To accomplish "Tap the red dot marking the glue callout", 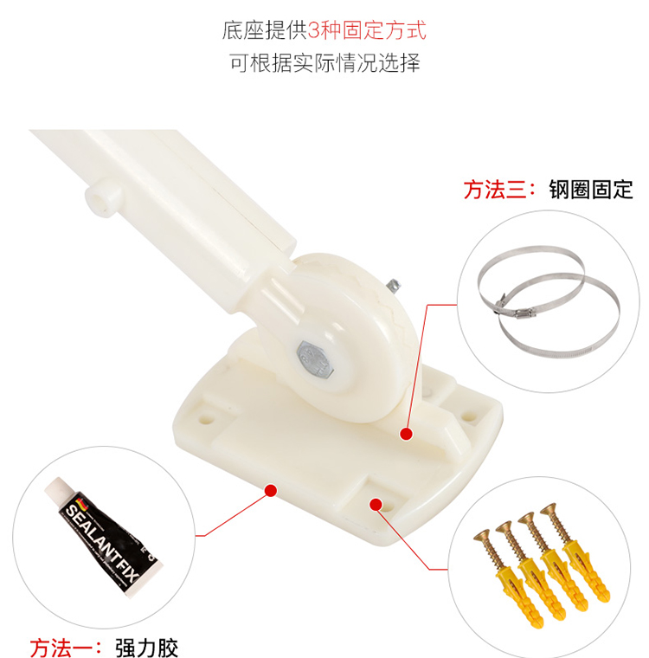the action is click(x=271, y=490).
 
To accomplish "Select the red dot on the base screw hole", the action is click(x=376, y=505).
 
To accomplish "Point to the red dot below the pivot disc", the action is click(x=406, y=434).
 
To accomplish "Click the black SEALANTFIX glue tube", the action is click(x=103, y=537).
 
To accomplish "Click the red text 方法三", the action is click(x=495, y=190).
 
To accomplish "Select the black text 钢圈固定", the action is click(x=591, y=190).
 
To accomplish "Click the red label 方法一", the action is click(x=61, y=648).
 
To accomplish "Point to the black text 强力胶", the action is click(x=146, y=648).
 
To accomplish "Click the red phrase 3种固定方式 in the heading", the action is click(x=367, y=30).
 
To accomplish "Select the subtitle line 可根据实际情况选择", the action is click(x=324, y=63).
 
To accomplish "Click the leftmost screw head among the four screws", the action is click(x=482, y=535).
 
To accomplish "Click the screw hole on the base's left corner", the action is click(x=206, y=419).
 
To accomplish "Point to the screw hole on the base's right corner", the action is click(x=469, y=417).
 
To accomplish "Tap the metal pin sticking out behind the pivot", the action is click(x=393, y=287).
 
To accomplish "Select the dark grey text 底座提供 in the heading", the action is click(x=265, y=30).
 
